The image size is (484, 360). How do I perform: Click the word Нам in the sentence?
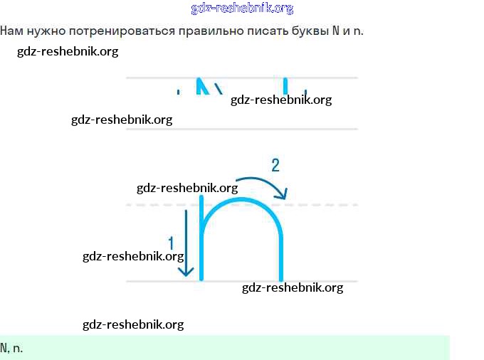[11, 32]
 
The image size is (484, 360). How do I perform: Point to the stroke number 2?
[275, 166]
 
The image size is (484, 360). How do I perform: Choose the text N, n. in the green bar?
[11, 349]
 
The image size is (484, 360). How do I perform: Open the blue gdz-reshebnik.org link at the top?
[242, 9]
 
